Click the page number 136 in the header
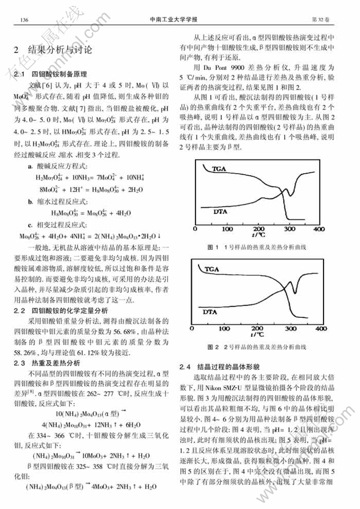pos(24,20)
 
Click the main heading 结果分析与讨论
pos(59,51)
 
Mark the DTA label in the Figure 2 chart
pos(211,313)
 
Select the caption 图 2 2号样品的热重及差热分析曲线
pos(257,347)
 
